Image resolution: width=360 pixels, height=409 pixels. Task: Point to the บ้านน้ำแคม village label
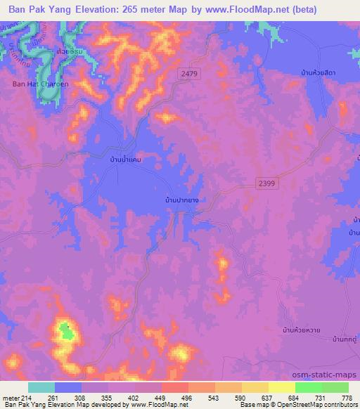pos(110,160)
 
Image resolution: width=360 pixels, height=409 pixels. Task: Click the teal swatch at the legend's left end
pos(41,387)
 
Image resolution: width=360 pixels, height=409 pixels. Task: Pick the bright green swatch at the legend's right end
pos(335,387)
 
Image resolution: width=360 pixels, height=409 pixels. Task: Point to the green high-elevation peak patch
pos(66,330)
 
